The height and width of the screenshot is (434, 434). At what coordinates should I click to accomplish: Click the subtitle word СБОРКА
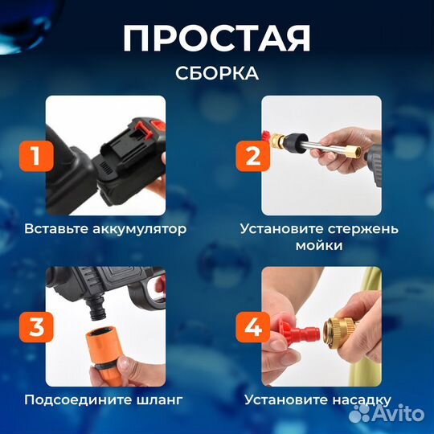(217, 73)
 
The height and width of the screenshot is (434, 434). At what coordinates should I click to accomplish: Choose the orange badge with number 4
(252, 327)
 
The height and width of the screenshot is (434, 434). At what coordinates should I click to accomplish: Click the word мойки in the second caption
(318, 245)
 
